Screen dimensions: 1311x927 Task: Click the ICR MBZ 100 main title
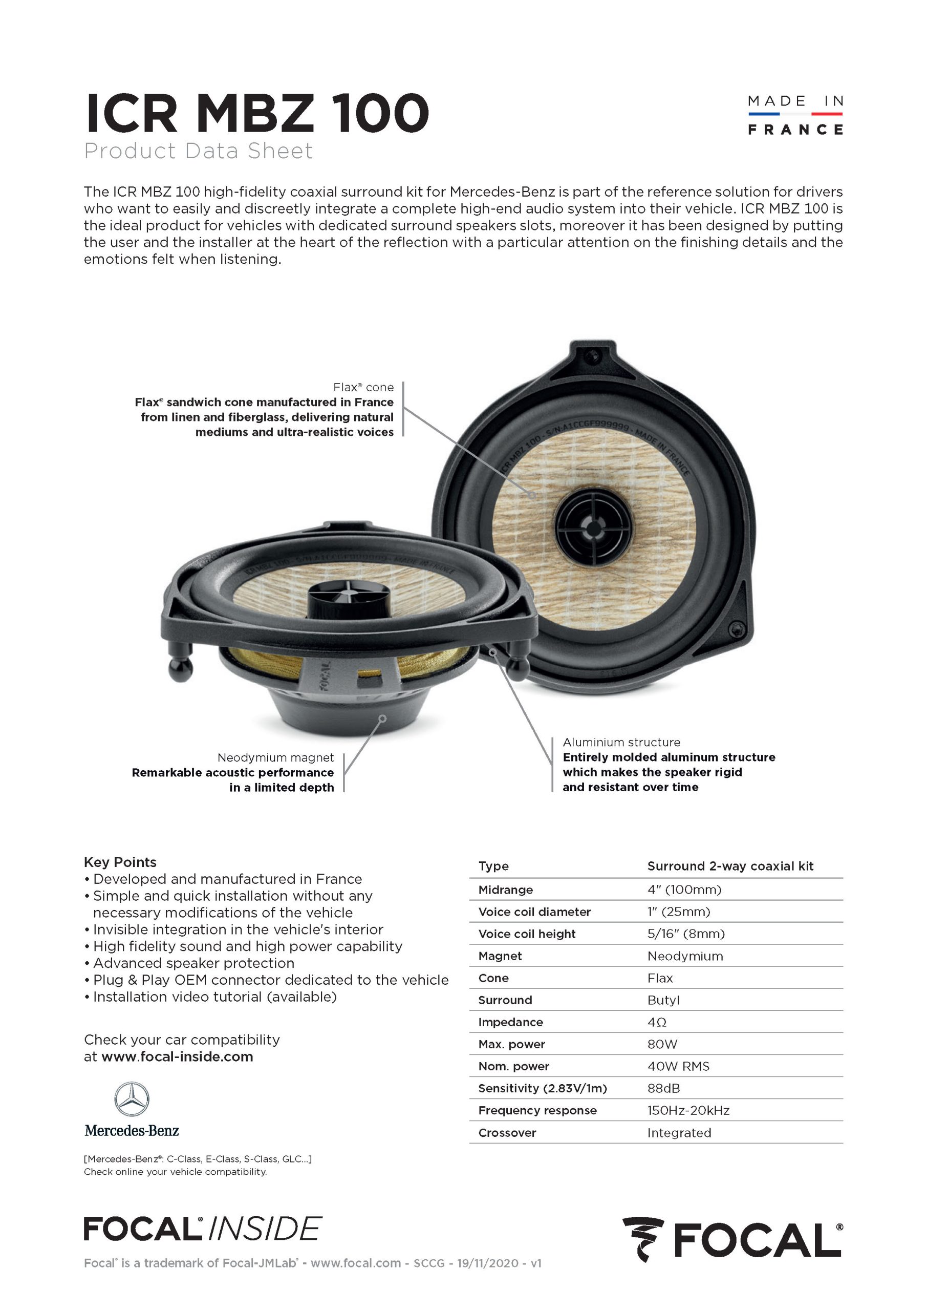point(256,113)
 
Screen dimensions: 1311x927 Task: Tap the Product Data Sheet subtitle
point(198,151)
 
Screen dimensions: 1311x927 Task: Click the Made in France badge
point(794,115)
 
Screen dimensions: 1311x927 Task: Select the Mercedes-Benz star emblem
point(132,1099)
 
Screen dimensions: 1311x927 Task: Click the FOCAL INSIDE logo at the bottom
point(203,1229)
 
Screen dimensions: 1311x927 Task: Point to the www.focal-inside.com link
point(177,1056)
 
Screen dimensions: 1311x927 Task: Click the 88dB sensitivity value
point(663,1088)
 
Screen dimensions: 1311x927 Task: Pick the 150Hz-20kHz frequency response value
point(688,1111)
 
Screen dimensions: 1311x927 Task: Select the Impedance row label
point(510,1022)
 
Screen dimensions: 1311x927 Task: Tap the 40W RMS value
point(678,1066)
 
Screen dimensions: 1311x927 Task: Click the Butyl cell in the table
point(663,1000)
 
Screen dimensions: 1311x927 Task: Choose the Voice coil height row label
point(527,934)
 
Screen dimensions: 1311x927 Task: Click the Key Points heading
point(120,862)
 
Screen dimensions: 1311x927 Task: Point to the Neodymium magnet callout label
point(275,758)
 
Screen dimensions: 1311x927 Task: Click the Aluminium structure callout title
point(621,742)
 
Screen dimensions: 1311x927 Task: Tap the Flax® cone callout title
point(363,387)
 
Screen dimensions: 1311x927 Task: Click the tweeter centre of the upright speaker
point(594,526)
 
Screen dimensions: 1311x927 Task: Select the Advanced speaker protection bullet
point(193,963)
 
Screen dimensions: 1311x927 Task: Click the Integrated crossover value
point(679,1133)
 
